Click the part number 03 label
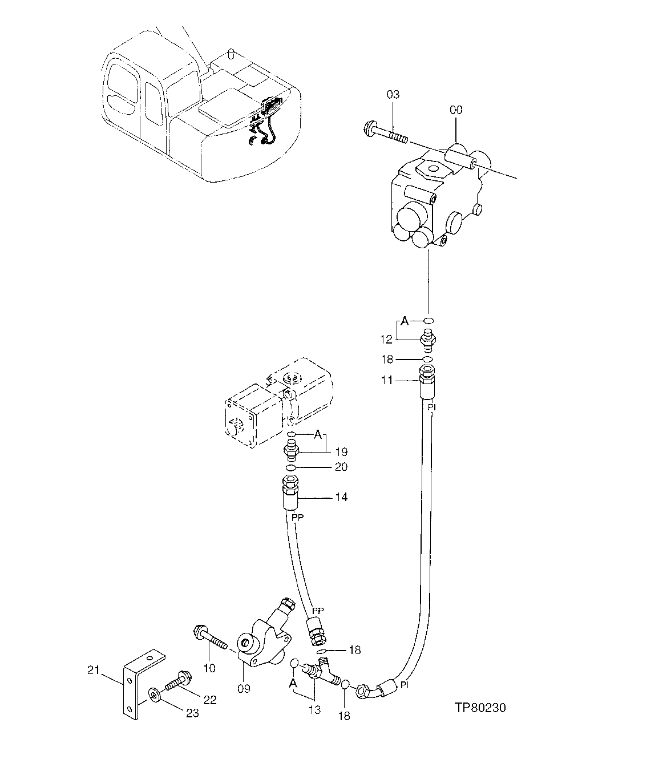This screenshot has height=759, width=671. (394, 94)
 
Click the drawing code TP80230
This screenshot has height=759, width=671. (480, 708)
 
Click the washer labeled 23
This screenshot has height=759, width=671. (153, 695)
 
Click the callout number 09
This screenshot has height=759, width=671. (244, 689)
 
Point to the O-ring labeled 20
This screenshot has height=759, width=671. (291, 468)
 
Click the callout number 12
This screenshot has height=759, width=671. (387, 340)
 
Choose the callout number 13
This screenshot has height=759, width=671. (314, 710)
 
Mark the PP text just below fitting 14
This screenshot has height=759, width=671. (297, 517)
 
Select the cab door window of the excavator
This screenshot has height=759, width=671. (153, 103)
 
